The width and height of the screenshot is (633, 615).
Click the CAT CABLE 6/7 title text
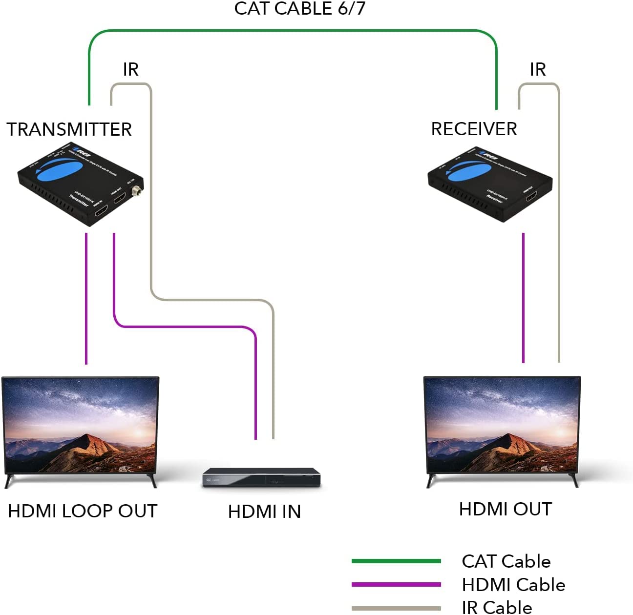[x=299, y=9]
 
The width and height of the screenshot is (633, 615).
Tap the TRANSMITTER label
[x=69, y=129]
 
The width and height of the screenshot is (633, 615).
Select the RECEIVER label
[x=474, y=129]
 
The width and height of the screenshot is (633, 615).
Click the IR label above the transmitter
[x=130, y=69]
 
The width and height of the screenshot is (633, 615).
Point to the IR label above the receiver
[x=537, y=69]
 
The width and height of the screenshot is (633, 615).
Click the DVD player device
[x=262, y=478]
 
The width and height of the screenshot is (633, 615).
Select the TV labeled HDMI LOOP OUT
[x=81, y=425]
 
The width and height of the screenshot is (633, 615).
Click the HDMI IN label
[x=264, y=512]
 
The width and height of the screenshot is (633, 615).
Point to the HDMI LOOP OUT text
[x=83, y=511]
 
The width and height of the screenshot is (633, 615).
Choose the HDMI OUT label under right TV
[x=505, y=509]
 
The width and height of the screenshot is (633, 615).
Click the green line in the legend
[x=396, y=561]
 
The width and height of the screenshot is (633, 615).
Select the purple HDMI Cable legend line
[x=396, y=584]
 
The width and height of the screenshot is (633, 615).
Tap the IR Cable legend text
[x=497, y=607]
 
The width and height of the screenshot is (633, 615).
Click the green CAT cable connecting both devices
[x=293, y=31]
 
